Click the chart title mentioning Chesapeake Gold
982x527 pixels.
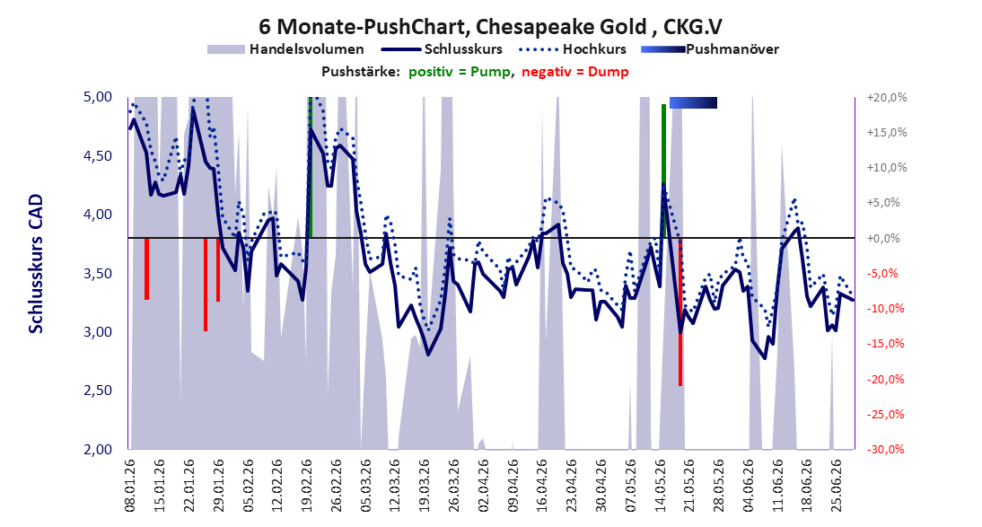tap(490, 26)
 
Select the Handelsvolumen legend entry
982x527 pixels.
tap(285, 48)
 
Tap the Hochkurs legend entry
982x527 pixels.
tap(573, 48)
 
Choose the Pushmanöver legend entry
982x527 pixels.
tap(710, 48)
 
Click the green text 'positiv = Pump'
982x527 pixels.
tap(459, 72)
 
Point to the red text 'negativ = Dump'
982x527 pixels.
tap(574, 72)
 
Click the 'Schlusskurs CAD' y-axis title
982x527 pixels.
tap(36, 263)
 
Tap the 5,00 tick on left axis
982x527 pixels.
tap(97, 96)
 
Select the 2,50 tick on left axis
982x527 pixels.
tap(97, 391)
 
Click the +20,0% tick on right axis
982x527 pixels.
tap(887, 97)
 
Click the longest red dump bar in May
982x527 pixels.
tap(680, 312)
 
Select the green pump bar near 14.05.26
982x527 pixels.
tap(664, 171)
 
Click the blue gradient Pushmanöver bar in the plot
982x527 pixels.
tap(693, 102)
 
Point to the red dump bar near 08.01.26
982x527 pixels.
tap(146, 268)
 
